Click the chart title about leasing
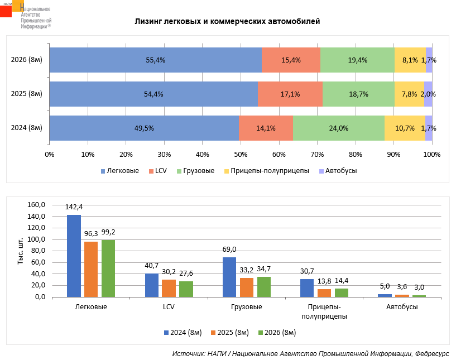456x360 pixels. (x=227, y=22)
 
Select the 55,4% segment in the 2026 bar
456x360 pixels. (x=156, y=60)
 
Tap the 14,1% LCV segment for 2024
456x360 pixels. (x=266, y=128)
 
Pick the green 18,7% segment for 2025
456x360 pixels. (x=358, y=94)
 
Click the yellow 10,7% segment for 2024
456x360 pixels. (x=405, y=128)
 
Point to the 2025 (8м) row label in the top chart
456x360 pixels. (x=26, y=94)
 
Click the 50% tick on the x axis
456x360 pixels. (x=241, y=155)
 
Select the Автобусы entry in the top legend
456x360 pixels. (x=338, y=171)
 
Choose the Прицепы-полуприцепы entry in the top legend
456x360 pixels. (x=267, y=171)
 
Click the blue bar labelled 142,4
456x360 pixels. (x=74, y=256)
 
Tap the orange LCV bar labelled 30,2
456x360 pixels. (x=169, y=288)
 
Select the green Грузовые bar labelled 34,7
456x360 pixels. (x=264, y=287)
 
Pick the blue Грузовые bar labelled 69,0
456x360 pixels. (x=229, y=277)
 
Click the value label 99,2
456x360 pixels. (x=108, y=232)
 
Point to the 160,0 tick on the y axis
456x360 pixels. (x=36, y=205)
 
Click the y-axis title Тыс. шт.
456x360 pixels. (x=20, y=251)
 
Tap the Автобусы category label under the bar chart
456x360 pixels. (x=402, y=307)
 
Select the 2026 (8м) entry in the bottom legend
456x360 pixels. (x=277, y=333)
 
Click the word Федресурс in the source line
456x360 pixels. (x=432, y=354)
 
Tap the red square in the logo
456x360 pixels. (x=6, y=11)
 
